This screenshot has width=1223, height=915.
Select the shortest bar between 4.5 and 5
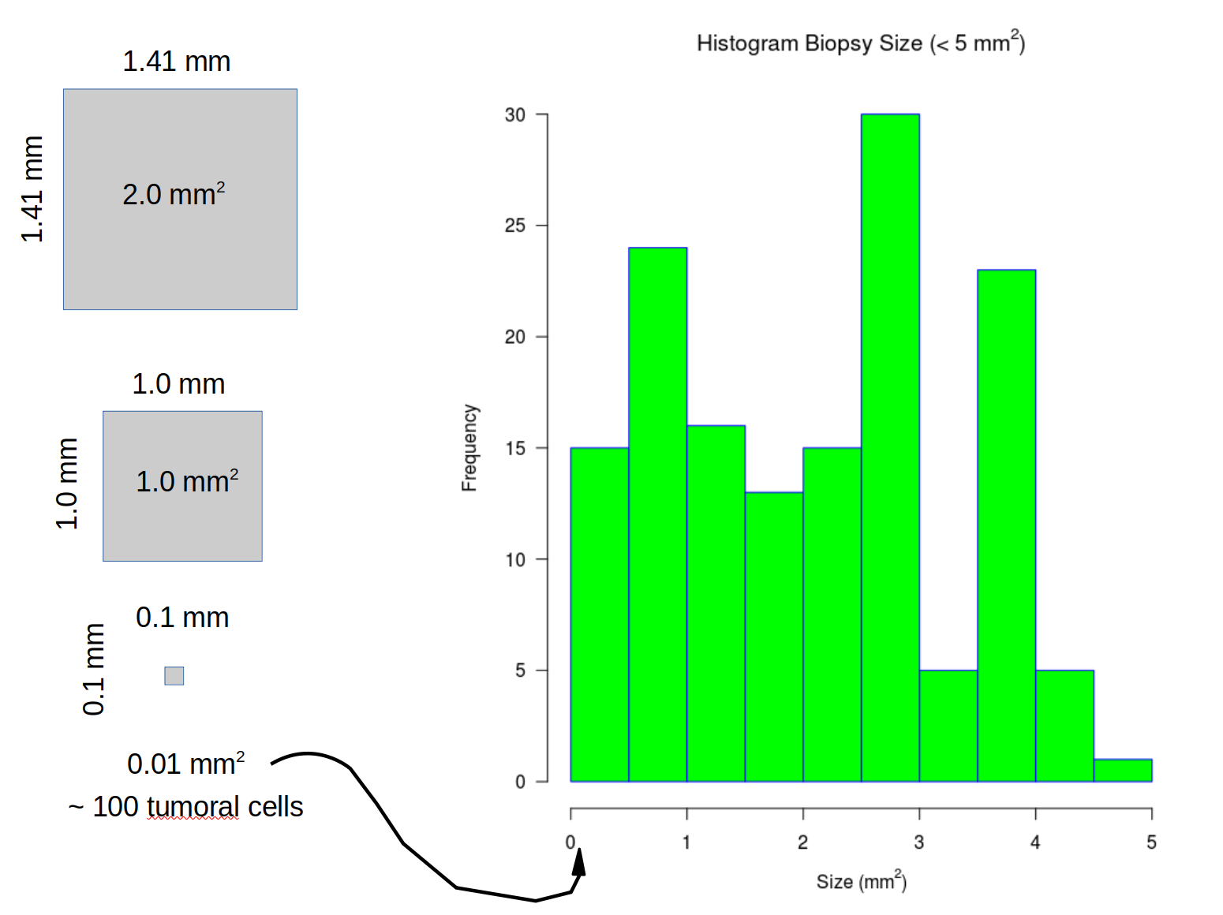[1123, 770]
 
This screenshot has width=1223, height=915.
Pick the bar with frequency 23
[1006, 525]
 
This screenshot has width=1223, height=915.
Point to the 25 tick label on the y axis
[515, 226]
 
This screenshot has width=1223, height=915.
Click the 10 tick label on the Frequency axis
[515, 560]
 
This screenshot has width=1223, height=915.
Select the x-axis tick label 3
[919, 842]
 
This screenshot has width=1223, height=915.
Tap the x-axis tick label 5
[1151, 842]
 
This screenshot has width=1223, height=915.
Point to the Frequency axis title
[469, 448]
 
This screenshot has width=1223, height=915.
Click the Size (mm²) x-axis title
[861, 881]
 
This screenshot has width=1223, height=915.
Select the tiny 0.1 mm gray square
[174, 675]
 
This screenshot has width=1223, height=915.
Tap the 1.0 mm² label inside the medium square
[187, 481]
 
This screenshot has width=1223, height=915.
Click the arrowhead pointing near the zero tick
[580, 862]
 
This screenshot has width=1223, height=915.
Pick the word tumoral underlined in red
[193, 807]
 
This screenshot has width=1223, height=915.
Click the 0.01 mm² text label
[185, 764]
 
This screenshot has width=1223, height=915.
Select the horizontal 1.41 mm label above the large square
[177, 62]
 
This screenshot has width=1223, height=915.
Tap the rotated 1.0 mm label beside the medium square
[68, 483]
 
